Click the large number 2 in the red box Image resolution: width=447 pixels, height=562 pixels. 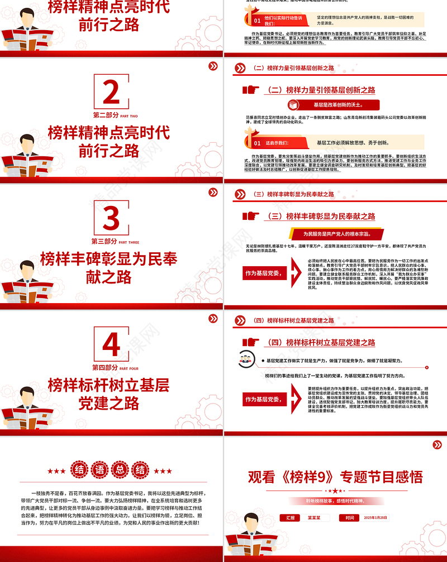(x=111, y=93)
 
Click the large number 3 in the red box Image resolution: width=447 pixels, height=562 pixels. (x=111, y=219)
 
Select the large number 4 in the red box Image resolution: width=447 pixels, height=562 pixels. (x=111, y=345)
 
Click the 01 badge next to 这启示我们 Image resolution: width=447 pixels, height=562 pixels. (x=257, y=143)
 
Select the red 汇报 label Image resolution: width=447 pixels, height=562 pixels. (x=290, y=518)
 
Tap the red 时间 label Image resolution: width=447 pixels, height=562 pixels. (x=350, y=518)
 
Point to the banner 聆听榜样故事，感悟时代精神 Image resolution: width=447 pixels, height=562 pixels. (x=335, y=501)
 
